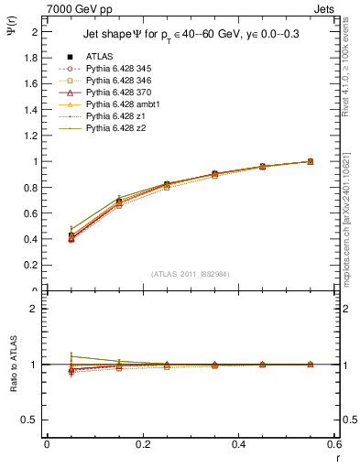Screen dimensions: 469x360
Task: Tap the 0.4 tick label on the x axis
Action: (240, 445)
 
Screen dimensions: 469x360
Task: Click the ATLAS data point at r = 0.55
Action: (310, 161)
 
